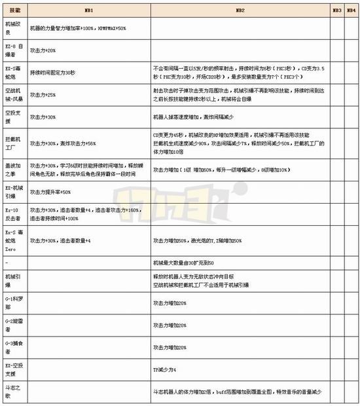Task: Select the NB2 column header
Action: tap(240, 11)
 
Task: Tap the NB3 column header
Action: tap(336, 11)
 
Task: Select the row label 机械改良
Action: tap(13, 28)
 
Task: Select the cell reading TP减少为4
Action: tap(164, 370)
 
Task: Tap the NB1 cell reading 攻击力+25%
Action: tap(43, 94)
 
